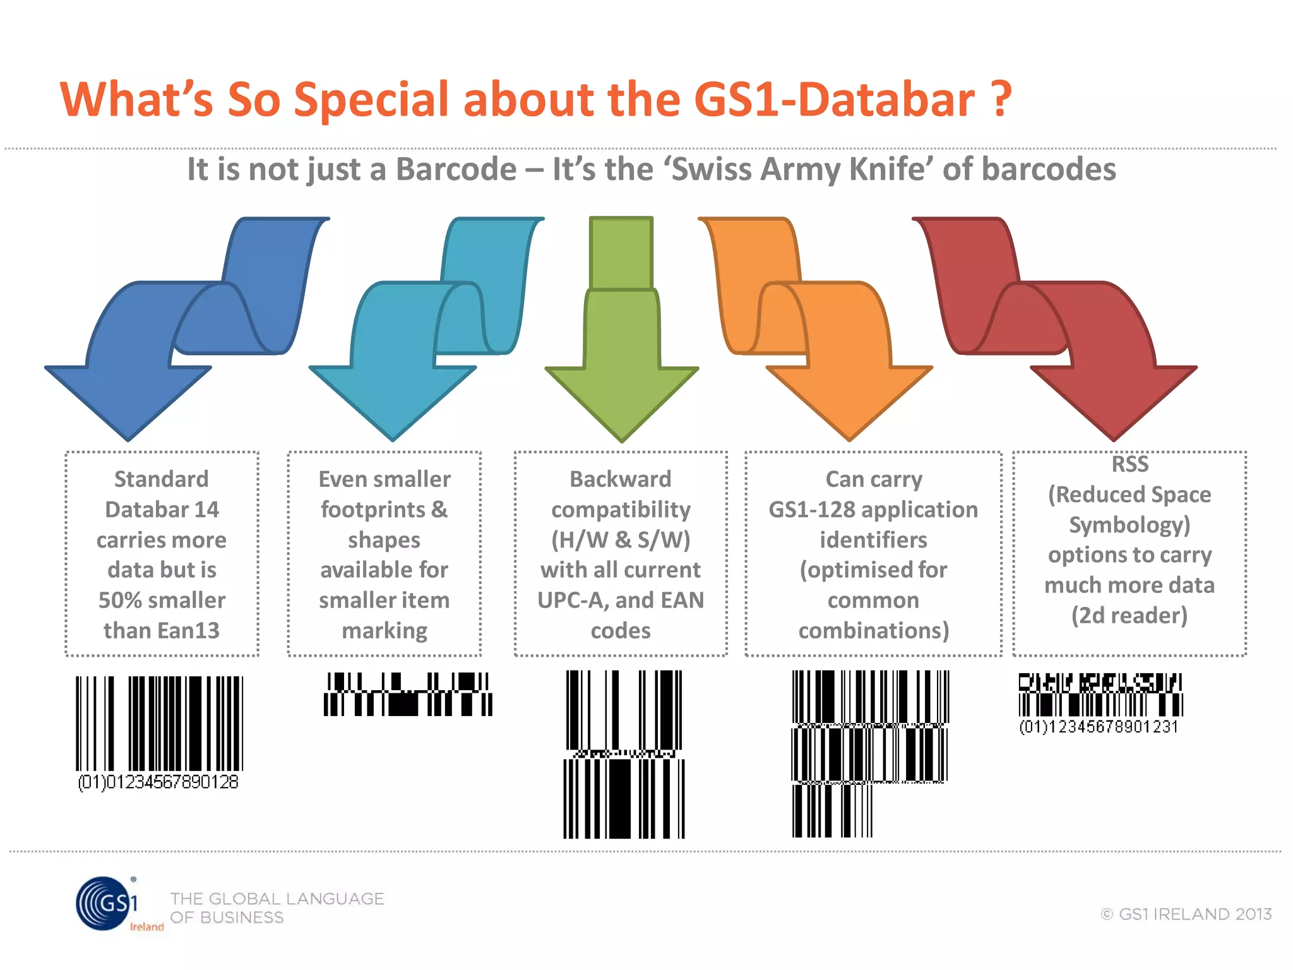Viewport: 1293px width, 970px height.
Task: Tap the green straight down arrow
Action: pos(622,354)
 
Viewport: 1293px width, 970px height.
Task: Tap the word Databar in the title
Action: pos(886,100)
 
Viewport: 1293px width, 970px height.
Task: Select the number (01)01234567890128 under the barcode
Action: pos(158,782)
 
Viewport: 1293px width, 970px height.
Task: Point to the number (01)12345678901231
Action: pos(1099,727)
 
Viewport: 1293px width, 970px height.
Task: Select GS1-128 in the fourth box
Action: pos(811,510)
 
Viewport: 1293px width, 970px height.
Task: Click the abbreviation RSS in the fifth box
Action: pos(1129,464)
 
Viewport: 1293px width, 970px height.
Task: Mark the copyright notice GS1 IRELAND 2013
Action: pos(1187,914)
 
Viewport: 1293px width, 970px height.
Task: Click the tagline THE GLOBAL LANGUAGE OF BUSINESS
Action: pos(277,907)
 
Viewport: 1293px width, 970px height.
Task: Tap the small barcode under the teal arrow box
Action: pos(408,694)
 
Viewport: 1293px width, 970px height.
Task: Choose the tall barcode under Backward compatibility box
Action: pos(624,754)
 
